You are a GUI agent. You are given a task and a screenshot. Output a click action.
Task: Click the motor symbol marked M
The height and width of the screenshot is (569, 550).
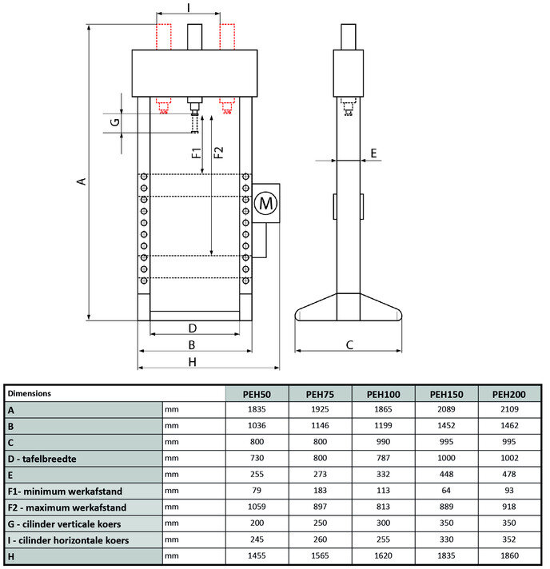click(266, 204)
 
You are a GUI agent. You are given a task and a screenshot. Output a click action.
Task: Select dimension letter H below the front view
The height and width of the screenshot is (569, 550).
click(192, 362)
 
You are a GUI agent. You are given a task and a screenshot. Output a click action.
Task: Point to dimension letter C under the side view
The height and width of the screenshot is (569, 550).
click(349, 345)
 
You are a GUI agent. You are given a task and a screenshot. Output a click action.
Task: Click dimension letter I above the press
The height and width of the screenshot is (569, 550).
click(188, 7)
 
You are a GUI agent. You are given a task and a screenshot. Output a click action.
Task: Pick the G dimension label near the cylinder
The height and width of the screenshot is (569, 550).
click(114, 122)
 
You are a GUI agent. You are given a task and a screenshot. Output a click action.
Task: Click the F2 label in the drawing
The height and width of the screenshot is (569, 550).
click(219, 151)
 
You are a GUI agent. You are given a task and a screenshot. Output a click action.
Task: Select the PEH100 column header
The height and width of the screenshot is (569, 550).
click(384, 394)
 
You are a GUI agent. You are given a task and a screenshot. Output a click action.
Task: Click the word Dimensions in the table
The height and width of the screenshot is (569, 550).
click(30, 394)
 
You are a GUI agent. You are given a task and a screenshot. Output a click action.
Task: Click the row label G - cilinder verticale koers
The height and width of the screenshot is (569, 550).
click(69, 524)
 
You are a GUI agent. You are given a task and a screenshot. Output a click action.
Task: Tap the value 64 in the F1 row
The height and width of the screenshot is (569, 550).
click(447, 491)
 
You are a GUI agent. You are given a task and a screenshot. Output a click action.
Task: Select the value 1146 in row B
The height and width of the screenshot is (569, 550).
click(320, 426)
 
